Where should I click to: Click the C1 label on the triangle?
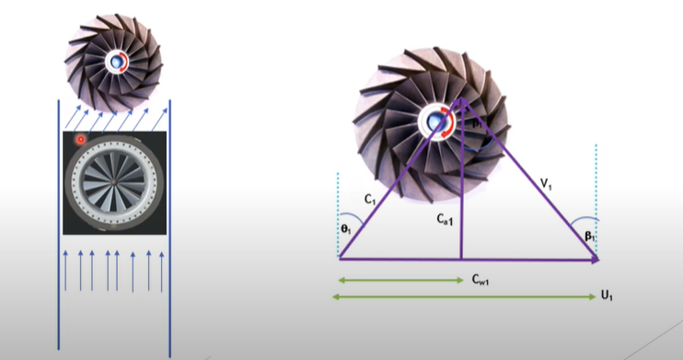370,200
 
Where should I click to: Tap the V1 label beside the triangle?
546,184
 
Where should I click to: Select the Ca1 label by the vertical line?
446,219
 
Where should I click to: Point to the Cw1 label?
480,280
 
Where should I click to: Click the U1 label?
607,296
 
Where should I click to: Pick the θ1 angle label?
346,229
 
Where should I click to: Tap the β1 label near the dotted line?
590,237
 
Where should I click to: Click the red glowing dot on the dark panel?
81,139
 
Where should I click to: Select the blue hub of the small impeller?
116,62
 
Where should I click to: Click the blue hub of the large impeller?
434,122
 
